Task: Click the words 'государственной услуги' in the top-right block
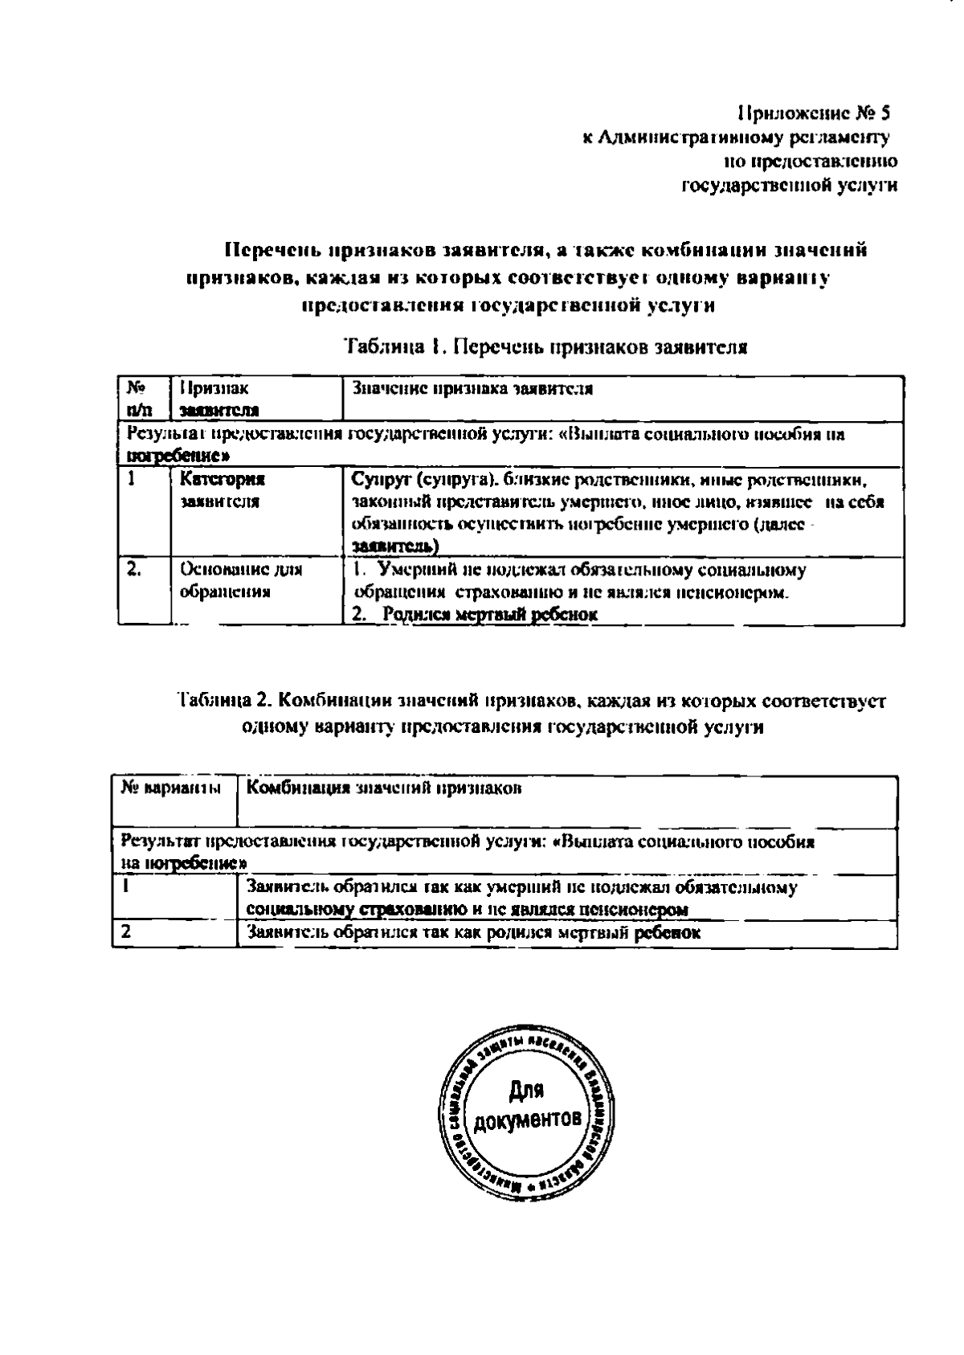point(789,186)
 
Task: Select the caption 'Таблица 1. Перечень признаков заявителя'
point(546,348)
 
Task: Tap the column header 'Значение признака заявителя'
point(473,389)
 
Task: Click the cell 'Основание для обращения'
point(241,580)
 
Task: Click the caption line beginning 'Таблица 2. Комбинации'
point(530,700)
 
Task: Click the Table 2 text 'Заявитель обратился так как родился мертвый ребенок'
point(474,933)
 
